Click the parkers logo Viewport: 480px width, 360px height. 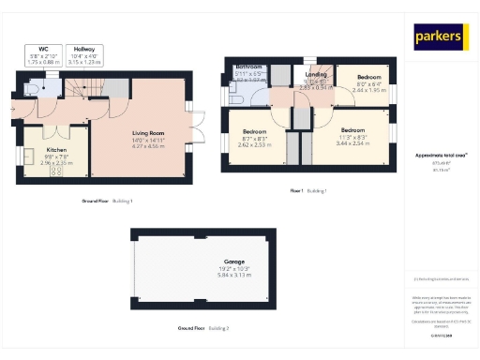click(440, 37)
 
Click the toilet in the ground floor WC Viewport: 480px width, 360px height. click(34, 89)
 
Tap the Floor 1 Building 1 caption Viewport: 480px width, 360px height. click(307, 190)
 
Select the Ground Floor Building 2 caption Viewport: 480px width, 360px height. click(202, 328)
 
